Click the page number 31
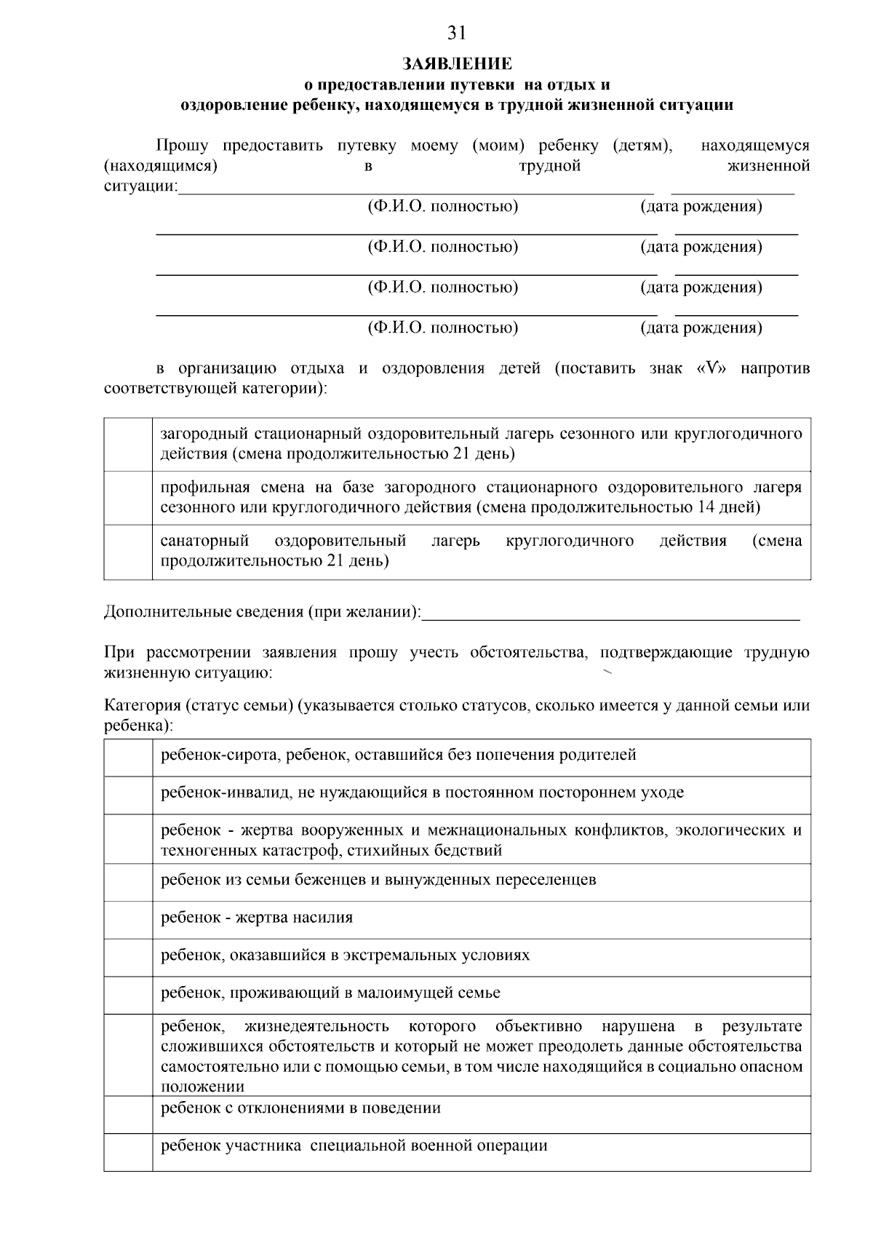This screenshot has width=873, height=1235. click(x=456, y=33)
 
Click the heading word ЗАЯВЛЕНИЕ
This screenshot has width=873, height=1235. click(x=457, y=65)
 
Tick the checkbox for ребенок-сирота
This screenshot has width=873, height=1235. click(x=128, y=758)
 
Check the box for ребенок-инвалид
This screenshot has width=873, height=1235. click(x=128, y=795)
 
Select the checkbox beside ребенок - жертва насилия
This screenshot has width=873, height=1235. click(x=128, y=920)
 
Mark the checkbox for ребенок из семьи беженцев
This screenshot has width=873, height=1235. click(x=128, y=882)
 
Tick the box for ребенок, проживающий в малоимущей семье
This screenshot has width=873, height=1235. click(x=128, y=995)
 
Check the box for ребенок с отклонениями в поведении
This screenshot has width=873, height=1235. click(x=128, y=1114)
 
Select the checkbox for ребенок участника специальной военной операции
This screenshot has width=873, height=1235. click(x=128, y=1151)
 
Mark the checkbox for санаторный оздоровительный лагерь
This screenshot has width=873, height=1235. click(x=128, y=552)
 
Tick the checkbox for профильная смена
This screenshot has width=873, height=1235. click(x=128, y=498)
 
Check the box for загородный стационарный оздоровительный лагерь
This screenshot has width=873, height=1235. click(x=128, y=444)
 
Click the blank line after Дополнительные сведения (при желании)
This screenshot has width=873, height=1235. click(x=610, y=613)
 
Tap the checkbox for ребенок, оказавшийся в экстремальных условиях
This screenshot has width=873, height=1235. click(x=128, y=957)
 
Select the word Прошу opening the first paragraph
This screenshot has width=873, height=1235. click(x=183, y=146)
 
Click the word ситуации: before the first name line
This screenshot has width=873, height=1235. click(x=140, y=186)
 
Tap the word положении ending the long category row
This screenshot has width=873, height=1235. click(x=202, y=1087)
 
